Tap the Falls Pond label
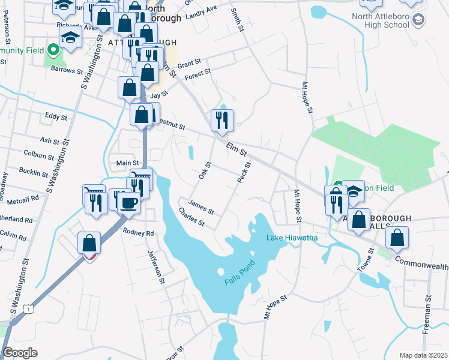point(241,271)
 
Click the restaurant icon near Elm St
point(222,120)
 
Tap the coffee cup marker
point(128,203)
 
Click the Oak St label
point(205,172)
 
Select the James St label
point(201,207)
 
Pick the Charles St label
point(191,217)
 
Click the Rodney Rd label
point(138,232)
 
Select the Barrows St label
point(67,70)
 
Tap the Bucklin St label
point(34,173)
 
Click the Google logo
point(20,353)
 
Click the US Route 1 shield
point(28,308)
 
